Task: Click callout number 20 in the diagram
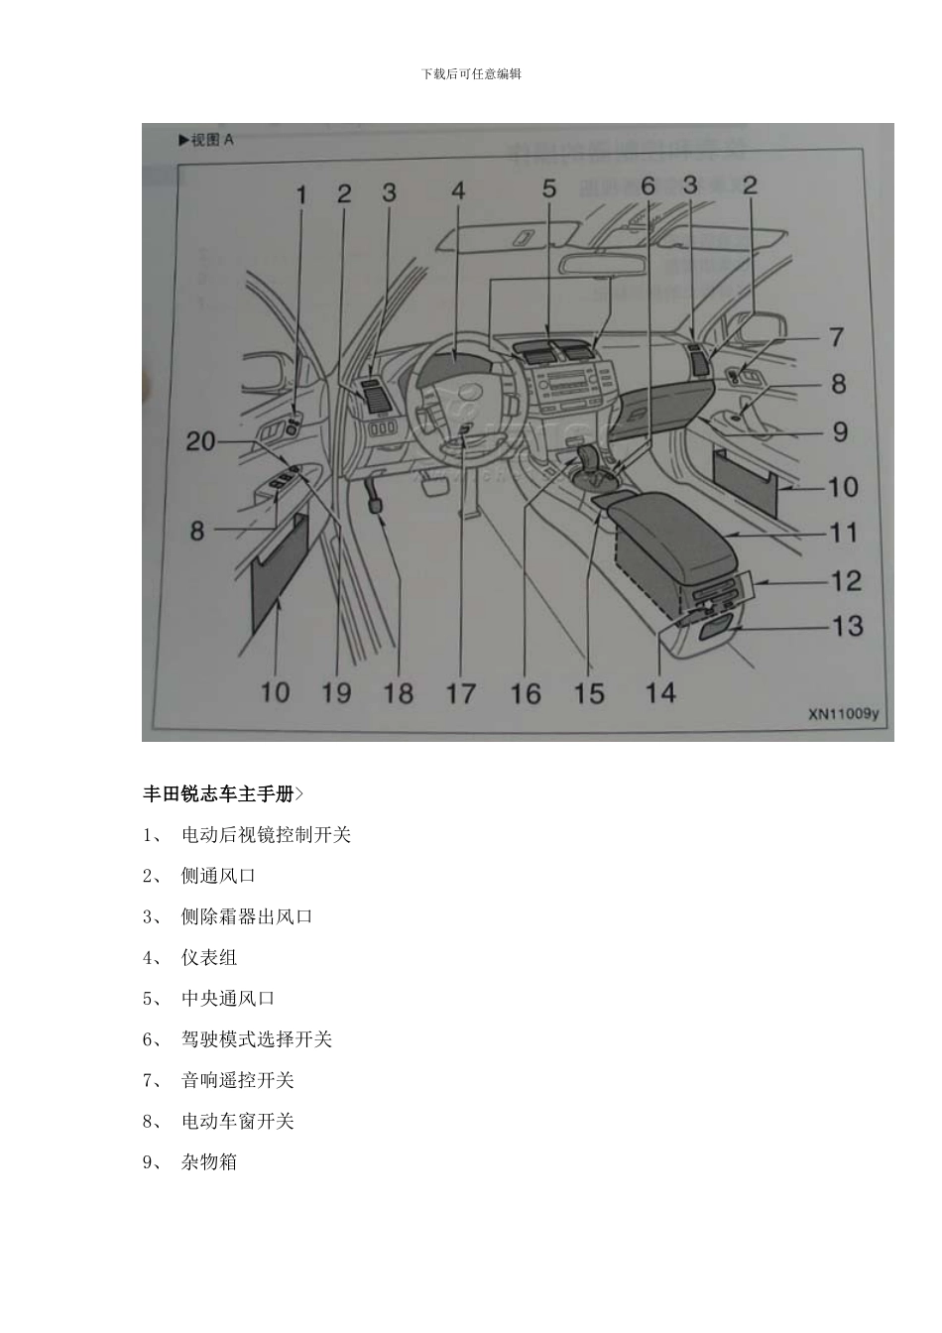pyautogui.click(x=200, y=440)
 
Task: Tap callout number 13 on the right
pyautogui.click(x=847, y=627)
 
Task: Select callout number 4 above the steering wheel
pyautogui.click(x=458, y=190)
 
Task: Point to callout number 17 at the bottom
pyautogui.click(x=460, y=693)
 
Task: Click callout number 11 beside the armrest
pyautogui.click(x=843, y=533)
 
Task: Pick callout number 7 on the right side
pyautogui.click(x=837, y=337)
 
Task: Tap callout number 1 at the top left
pyautogui.click(x=302, y=194)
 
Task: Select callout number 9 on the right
pyautogui.click(x=840, y=432)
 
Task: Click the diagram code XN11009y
pyautogui.click(x=843, y=712)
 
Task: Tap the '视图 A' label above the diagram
pyautogui.click(x=206, y=140)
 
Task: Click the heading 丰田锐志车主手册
pyautogui.click(x=219, y=794)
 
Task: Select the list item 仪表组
pyautogui.click(x=209, y=958)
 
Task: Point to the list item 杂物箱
pyautogui.click(x=209, y=1162)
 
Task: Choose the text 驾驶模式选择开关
pyautogui.click(x=256, y=1039)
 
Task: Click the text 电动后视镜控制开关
pyautogui.click(x=266, y=835)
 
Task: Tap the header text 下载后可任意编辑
pyautogui.click(x=471, y=73)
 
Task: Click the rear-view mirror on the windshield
pyautogui.click(x=604, y=265)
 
